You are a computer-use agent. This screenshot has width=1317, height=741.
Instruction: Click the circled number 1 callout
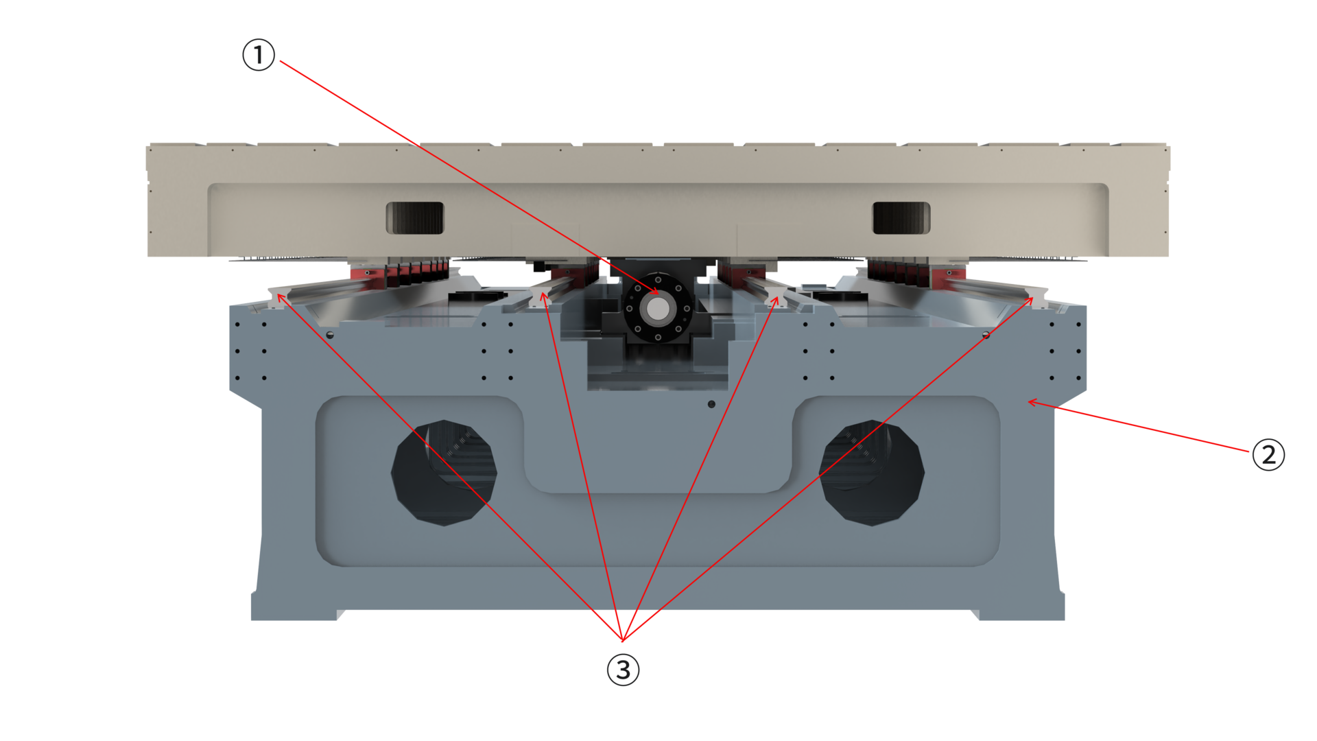[259, 55]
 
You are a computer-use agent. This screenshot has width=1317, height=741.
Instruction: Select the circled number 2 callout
[1268, 454]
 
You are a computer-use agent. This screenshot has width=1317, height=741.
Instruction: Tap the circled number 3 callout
[623, 670]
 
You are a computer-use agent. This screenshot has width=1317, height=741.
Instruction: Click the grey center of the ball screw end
[658, 309]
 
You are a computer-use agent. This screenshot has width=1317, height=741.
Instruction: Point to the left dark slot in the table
[415, 218]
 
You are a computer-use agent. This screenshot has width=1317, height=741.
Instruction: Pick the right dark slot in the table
[901, 218]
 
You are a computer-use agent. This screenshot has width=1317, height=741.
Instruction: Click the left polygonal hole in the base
[444, 473]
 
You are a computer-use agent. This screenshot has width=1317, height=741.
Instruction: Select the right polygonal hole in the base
[872, 473]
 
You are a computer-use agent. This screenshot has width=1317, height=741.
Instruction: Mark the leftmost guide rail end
[278, 298]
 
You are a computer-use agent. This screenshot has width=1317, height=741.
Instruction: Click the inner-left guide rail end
[541, 298]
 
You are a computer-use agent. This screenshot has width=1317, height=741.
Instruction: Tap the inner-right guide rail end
[775, 298]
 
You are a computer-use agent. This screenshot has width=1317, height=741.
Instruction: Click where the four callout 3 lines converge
[622, 640]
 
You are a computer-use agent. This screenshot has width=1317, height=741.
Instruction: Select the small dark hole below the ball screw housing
[711, 404]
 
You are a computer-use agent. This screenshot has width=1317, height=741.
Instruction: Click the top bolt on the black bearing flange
[658, 280]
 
